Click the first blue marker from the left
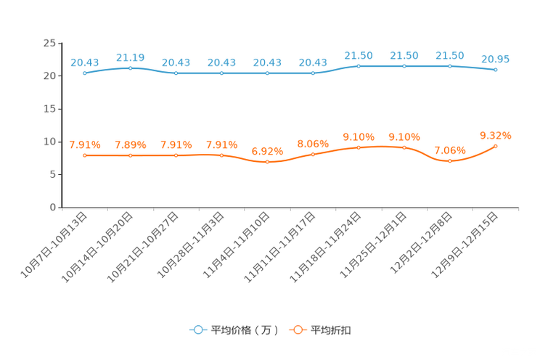tap(85, 73)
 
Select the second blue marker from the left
tap(131, 68)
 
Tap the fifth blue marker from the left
tap(268, 73)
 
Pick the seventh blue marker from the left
tap(359, 66)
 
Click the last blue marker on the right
tap(496, 70)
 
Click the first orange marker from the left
tap(85, 155)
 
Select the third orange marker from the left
tap(176, 155)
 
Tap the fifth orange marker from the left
tap(268, 162)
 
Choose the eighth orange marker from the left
tap(404, 147)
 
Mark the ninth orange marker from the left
tap(450, 161)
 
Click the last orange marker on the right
tap(496, 146)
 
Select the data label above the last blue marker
tap(496, 59)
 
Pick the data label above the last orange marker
tap(496, 135)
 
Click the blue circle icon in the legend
tap(197, 330)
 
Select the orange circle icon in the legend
tap(297, 330)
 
